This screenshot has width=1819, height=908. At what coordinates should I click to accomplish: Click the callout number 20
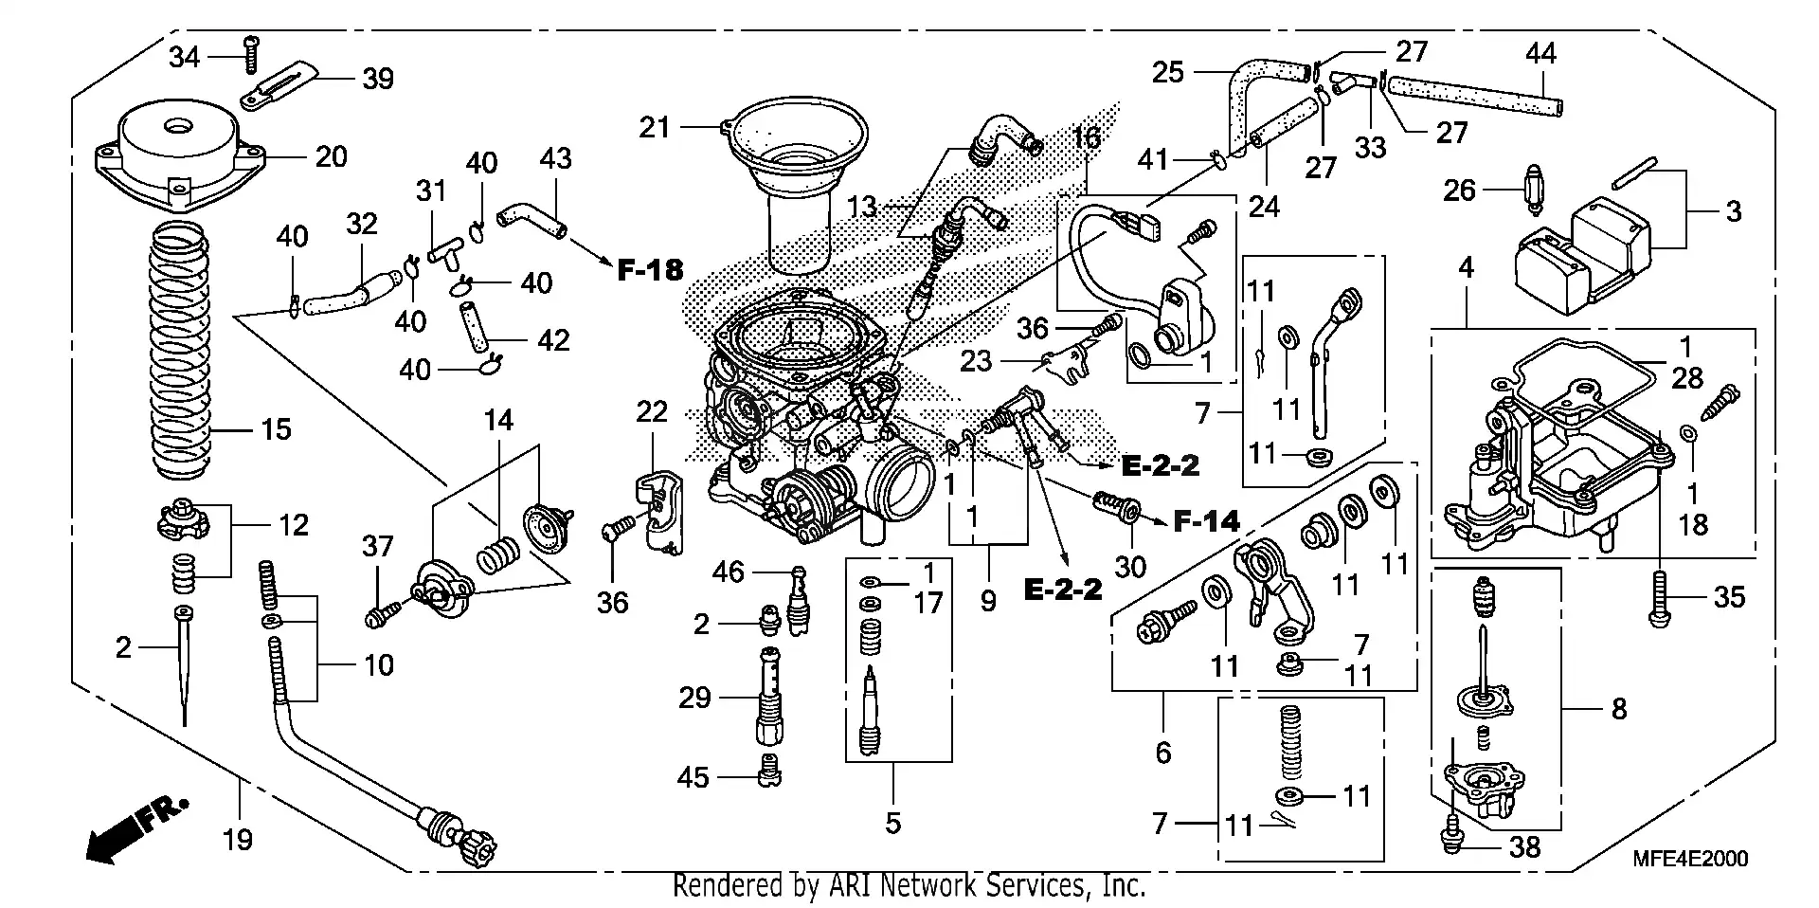coord(331,156)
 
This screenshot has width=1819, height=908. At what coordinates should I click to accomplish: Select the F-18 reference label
coord(650,270)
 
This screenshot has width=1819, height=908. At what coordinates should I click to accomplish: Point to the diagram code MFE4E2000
coord(1690,859)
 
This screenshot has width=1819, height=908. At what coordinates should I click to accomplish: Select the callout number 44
coord(1540,53)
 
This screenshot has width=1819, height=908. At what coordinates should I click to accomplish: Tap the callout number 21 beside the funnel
coord(654,127)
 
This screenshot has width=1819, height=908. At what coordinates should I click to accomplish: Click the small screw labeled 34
coord(251,54)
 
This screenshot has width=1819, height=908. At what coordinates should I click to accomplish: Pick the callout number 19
coord(238,839)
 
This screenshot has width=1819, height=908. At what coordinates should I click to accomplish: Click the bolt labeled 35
coord(1659,598)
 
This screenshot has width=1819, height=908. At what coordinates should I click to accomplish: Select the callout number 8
coord(1619,708)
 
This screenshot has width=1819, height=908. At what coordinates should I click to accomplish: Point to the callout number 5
coord(892,823)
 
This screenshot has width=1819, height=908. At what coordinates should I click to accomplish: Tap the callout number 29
coord(694,699)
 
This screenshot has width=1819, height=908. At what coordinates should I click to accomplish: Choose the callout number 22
coord(652,411)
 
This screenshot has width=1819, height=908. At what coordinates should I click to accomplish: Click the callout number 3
coord(1733,210)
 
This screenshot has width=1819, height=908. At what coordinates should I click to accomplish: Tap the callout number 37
coord(377,546)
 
